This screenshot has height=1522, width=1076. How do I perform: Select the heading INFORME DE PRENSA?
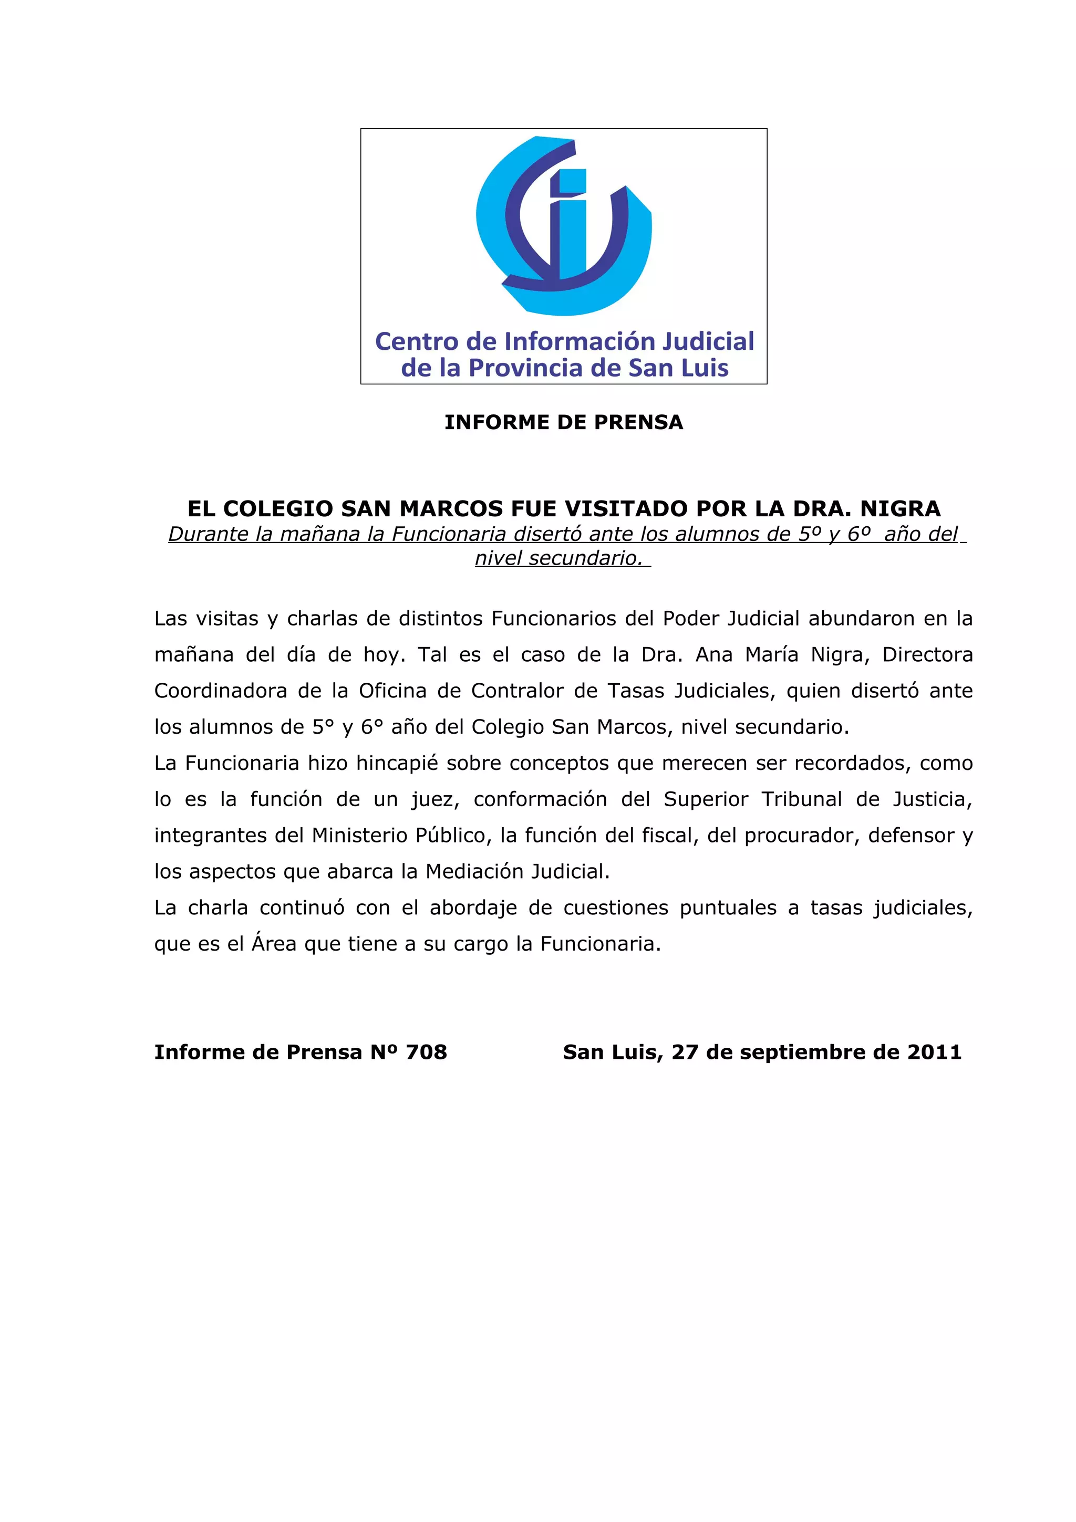click(x=564, y=422)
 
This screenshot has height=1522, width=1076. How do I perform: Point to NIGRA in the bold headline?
click(x=901, y=509)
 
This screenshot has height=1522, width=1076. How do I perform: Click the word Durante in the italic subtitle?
click(x=208, y=534)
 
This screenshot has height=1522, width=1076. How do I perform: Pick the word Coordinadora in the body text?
click(x=220, y=691)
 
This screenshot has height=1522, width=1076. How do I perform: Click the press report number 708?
click(x=426, y=1052)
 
